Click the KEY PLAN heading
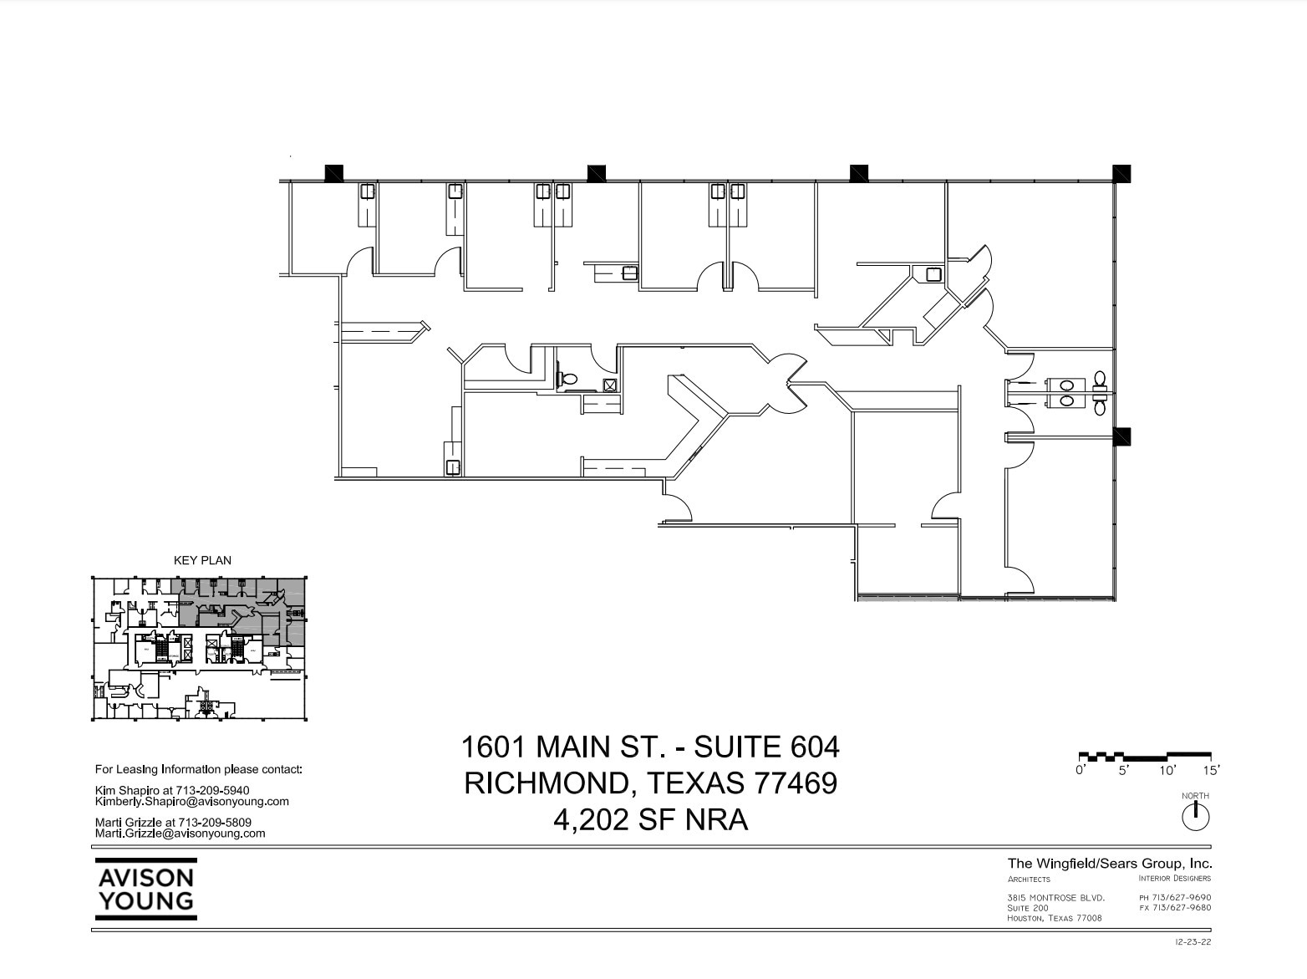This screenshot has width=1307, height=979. (x=202, y=560)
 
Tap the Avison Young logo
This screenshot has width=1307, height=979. (x=145, y=889)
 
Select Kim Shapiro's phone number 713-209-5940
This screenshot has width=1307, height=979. (x=212, y=790)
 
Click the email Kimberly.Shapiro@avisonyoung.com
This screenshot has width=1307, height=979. (x=192, y=801)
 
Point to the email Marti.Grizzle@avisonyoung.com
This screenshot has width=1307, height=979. (x=181, y=833)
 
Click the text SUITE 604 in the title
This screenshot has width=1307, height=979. (x=767, y=746)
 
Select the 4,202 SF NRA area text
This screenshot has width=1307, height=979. (x=650, y=819)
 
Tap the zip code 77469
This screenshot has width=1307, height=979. (x=796, y=783)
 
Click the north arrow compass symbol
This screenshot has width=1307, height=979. (x=1196, y=816)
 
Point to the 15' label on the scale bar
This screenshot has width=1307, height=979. (x=1211, y=770)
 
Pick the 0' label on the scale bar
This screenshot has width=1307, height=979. (x=1081, y=770)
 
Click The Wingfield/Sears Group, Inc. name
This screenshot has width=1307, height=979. (x=1109, y=864)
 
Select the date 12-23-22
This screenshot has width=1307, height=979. (x=1193, y=942)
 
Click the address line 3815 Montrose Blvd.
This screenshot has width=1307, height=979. (x=1055, y=898)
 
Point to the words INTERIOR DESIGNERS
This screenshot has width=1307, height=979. (x=1174, y=878)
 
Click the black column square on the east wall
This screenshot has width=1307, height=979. (x=1121, y=436)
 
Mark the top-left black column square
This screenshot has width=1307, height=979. (x=333, y=173)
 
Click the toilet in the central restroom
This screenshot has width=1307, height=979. (x=568, y=379)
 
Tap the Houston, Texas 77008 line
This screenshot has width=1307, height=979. (x=1055, y=918)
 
